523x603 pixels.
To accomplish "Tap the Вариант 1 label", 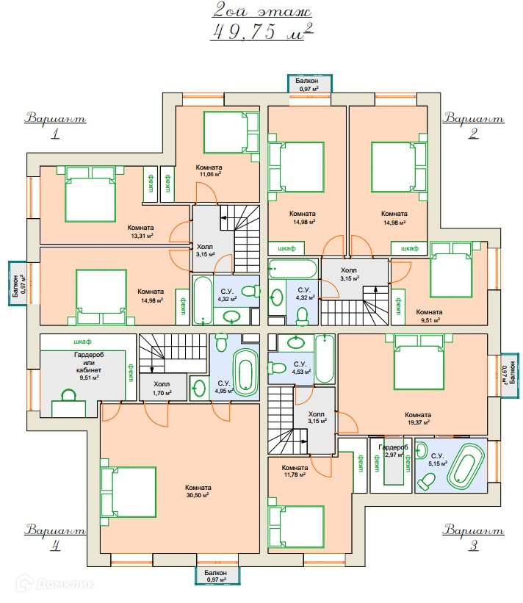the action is pos(55,125).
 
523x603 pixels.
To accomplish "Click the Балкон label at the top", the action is pos(308,84).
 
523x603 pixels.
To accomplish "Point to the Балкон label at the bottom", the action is pos(216,576).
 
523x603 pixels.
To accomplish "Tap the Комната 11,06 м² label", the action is pos(209,171).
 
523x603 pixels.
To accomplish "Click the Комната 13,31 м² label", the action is pos(140,231).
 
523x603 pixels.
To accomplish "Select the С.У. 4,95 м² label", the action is pos(224,386).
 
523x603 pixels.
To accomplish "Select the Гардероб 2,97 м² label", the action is pos(392,451).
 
